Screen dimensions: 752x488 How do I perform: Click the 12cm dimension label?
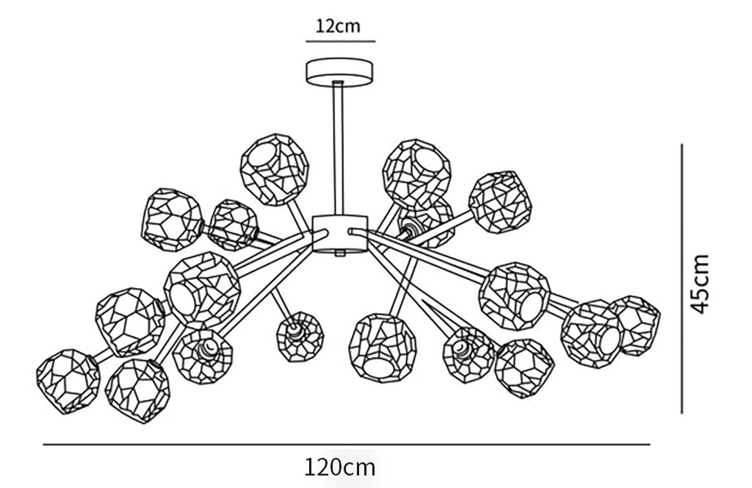pyautogui.click(x=338, y=26)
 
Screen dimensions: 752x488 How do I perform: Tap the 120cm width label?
pyautogui.click(x=340, y=467)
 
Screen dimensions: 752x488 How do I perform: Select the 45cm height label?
pyautogui.click(x=700, y=284)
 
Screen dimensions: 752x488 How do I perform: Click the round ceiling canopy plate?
pyautogui.click(x=339, y=72)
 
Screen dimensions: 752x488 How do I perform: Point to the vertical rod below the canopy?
pyautogui.click(x=338, y=148)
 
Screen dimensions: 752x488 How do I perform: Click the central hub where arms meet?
pyautogui.click(x=340, y=233)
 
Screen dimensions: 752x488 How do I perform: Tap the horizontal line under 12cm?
pyautogui.click(x=341, y=42)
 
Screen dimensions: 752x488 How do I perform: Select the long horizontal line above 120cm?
pyautogui.click(x=347, y=445)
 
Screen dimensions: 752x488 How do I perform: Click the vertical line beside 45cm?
pyautogui.click(x=681, y=279)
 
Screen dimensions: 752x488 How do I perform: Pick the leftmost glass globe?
pyautogui.click(x=68, y=381)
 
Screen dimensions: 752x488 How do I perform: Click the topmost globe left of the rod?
pyautogui.click(x=275, y=169)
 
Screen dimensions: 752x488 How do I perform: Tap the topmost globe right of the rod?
pyautogui.click(x=417, y=174)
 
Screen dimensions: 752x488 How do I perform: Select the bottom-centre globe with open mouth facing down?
pyautogui.click(x=383, y=348)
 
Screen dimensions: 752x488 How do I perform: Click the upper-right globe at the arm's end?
pyautogui.click(x=500, y=202)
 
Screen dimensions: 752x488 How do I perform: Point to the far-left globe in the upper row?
pyautogui.click(x=172, y=220)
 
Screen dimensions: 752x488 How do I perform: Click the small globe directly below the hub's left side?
pyautogui.click(x=300, y=337)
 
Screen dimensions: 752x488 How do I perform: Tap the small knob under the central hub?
pyautogui.click(x=340, y=254)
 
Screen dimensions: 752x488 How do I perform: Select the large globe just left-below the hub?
pyautogui.click(x=202, y=290)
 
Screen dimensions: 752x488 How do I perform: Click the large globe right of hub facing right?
pyautogui.click(x=515, y=296)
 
